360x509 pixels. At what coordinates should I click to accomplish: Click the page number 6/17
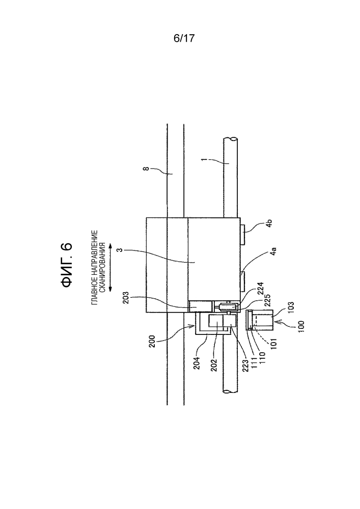[x=184, y=38]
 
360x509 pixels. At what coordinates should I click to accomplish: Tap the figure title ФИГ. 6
[x=67, y=265]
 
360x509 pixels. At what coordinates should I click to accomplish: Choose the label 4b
[x=269, y=223]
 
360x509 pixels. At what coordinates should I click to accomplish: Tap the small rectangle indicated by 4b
[x=243, y=234]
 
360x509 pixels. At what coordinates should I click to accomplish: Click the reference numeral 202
[x=214, y=365]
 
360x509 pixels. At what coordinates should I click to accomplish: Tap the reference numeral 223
[x=246, y=365]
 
